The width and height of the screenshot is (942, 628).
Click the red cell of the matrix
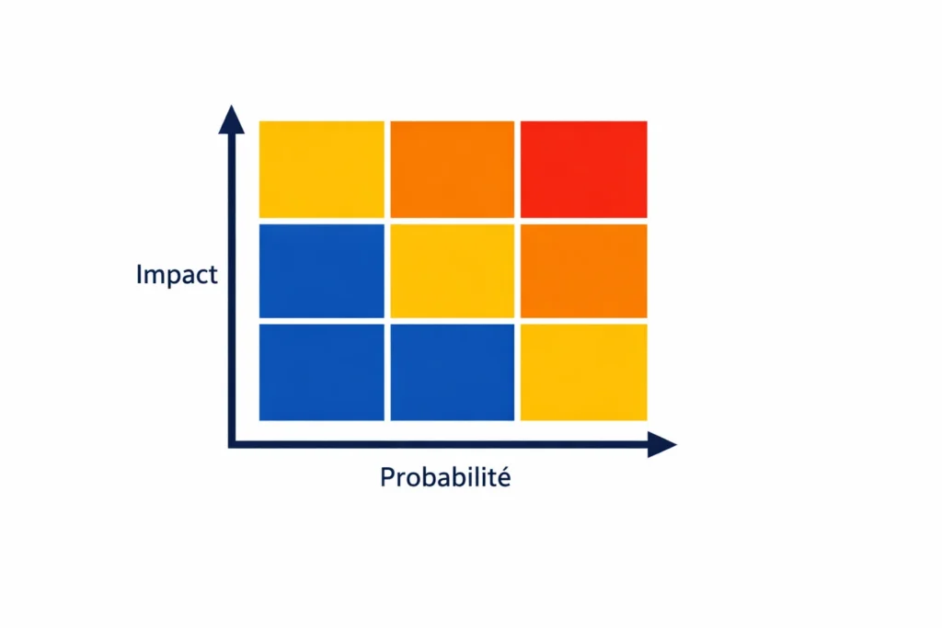point(583,169)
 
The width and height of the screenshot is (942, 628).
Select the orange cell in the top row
point(452,169)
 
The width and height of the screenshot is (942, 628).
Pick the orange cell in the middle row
point(583,270)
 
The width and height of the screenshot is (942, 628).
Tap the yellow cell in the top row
point(321,169)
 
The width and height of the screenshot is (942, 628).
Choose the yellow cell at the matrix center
point(452,270)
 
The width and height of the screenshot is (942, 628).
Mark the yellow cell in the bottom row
point(583,371)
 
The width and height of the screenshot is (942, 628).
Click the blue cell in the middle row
point(321,270)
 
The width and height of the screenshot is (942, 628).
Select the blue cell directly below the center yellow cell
point(452,371)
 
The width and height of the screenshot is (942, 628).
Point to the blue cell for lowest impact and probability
point(321,371)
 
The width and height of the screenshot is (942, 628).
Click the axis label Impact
point(176,275)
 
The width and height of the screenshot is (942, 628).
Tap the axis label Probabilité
point(444,478)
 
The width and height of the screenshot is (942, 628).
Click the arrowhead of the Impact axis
point(232,119)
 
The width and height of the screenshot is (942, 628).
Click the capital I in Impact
point(139,274)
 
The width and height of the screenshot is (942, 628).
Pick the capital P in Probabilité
point(386,478)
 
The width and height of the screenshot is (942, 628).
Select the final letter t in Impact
point(213,275)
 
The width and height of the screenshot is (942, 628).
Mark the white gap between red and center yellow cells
point(517,221)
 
